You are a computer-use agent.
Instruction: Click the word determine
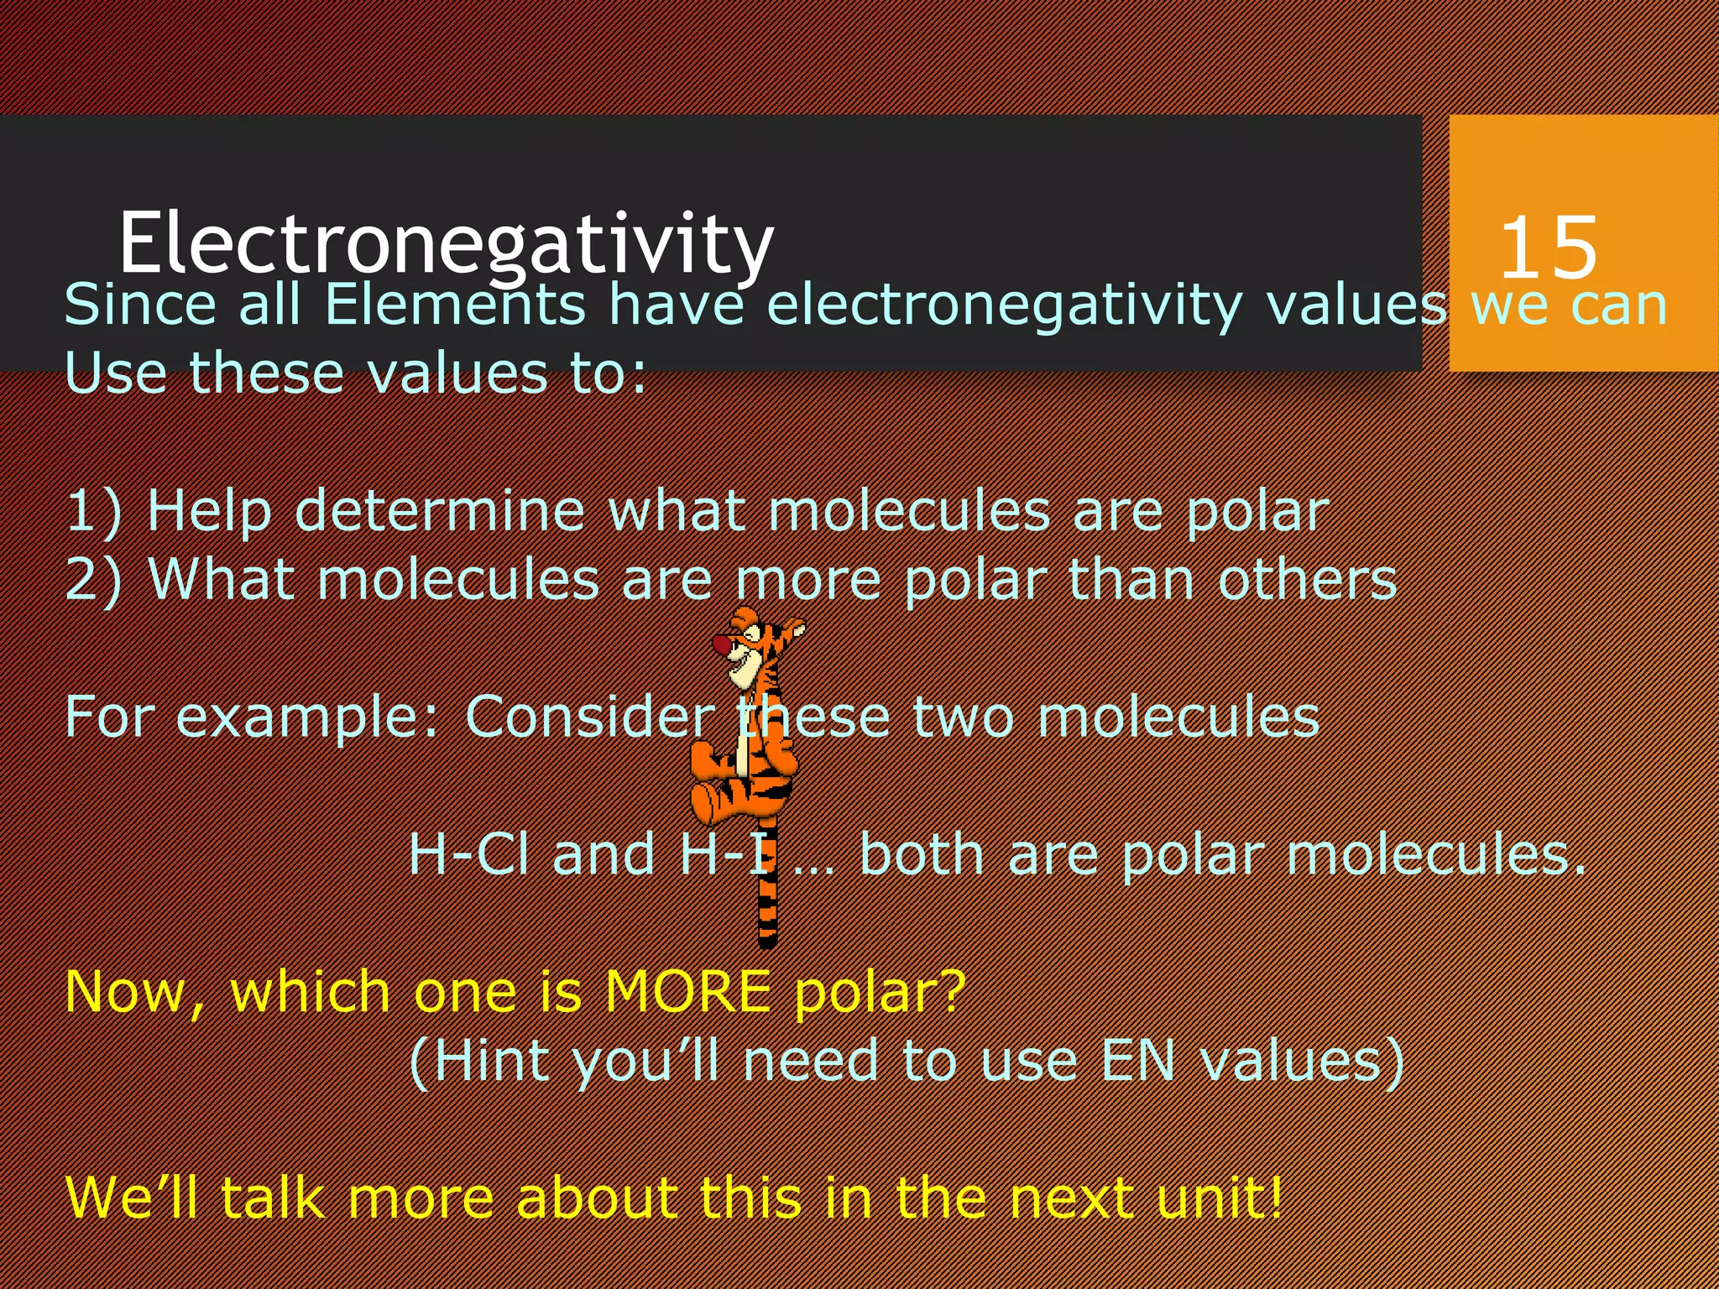pos(439,510)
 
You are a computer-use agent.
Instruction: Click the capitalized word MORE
pos(687,992)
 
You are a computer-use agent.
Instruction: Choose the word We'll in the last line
pos(133,1198)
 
